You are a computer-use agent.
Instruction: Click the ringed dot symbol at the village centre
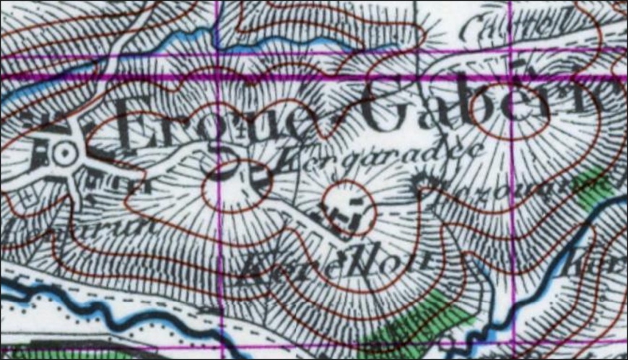(x=64, y=153)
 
